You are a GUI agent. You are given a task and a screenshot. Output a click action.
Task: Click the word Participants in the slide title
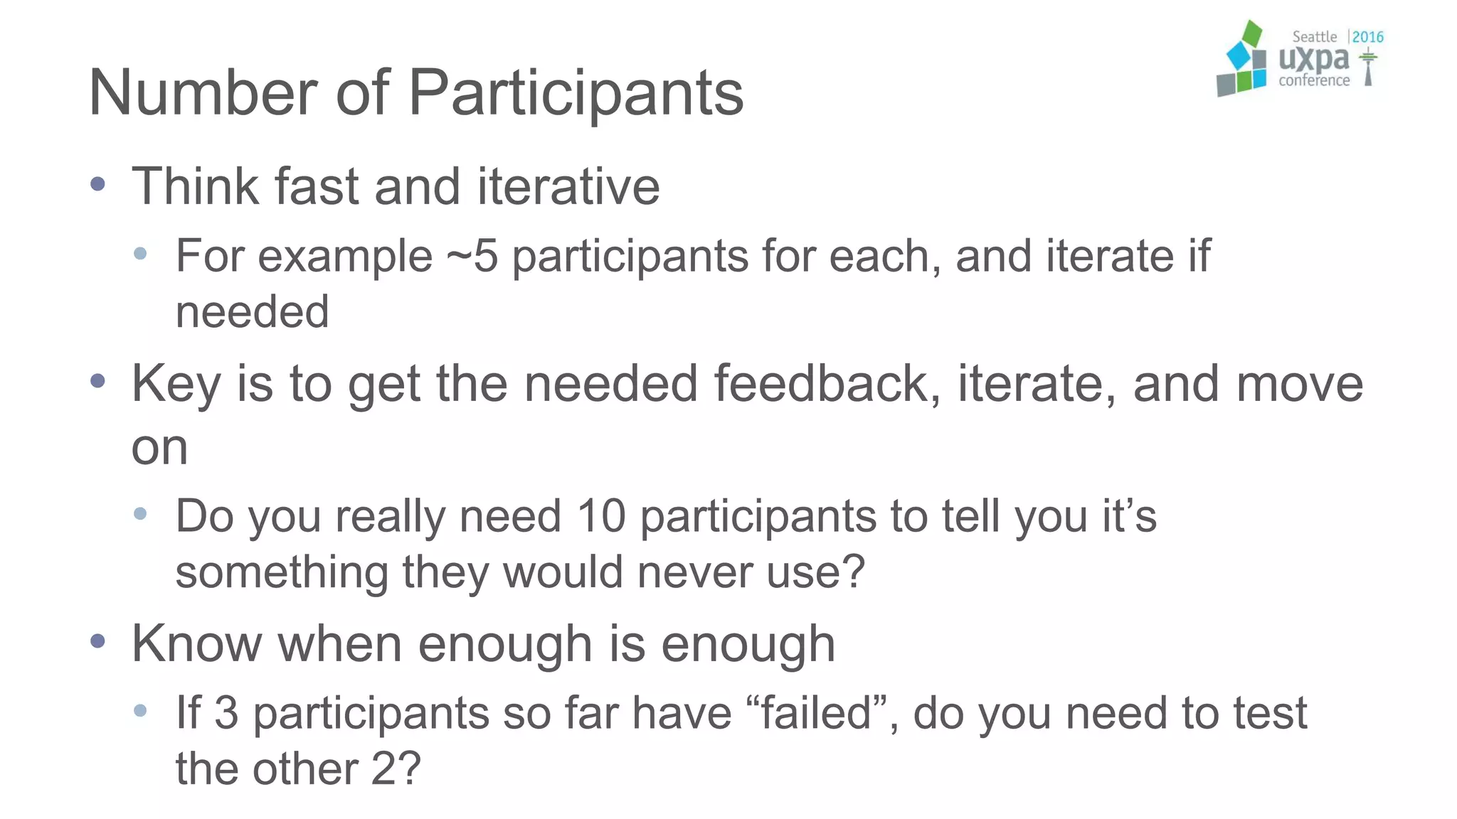pyautogui.click(x=576, y=94)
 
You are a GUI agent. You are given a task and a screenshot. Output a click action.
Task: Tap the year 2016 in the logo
pyautogui.click(x=1367, y=37)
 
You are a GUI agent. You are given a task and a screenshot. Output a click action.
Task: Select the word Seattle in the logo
pyautogui.click(x=1314, y=37)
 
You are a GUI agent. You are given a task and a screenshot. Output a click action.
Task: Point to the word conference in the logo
pyautogui.click(x=1313, y=81)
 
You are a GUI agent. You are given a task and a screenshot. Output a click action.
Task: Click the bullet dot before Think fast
pyautogui.click(x=98, y=185)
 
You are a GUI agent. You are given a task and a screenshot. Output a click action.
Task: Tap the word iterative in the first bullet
pyautogui.click(x=568, y=186)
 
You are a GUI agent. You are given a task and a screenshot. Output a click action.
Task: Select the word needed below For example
pyautogui.click(x=252, y=312)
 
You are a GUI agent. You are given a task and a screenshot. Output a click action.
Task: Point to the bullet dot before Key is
pyautogui.click(x=98, y=382)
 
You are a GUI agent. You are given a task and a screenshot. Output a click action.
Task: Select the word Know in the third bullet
pyautogui.click(x=196, y=644)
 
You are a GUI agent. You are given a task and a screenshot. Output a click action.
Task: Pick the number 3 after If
pyautogui.click(x=226, y=713)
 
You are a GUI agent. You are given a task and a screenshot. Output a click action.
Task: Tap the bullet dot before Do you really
pyautogui.click(x=140, y=513)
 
